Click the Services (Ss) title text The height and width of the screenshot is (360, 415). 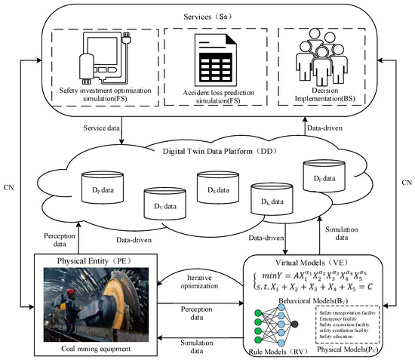click(207, 14)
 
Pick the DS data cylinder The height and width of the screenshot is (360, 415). click(214, 186)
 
